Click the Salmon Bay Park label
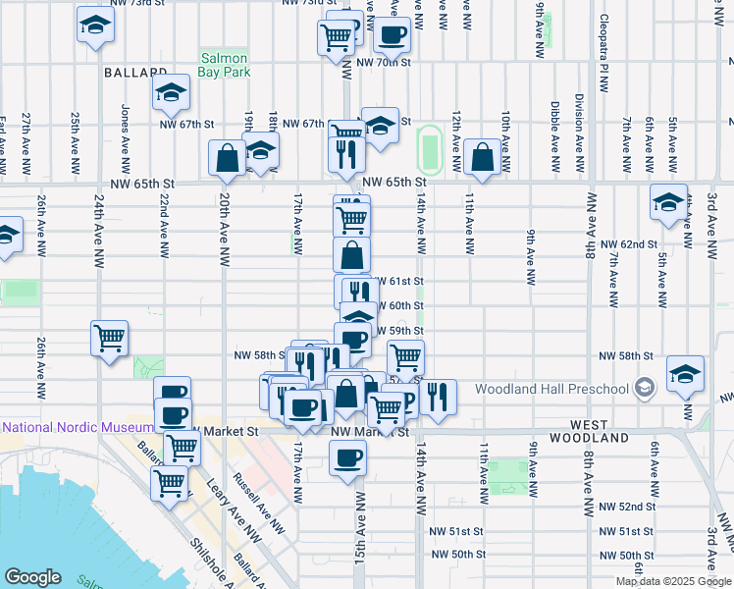(x=226, y=65)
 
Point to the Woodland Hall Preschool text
(x=551, y=389)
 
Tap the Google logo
(x=33, y=577)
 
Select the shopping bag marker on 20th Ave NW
(x=227, y=157)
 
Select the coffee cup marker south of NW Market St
(x=346, y=458)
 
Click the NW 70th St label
(x=384, y=62)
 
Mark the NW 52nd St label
(x=628, y=507)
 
